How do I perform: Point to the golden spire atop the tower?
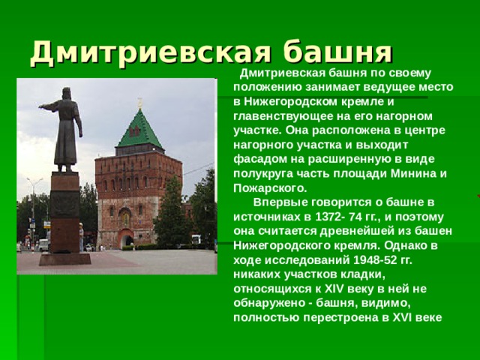139,103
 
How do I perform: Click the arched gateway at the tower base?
126,238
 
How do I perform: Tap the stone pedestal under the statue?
65,217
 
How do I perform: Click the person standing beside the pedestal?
82,238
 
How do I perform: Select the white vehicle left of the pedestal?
43,244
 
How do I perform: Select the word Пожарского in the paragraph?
268,187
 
